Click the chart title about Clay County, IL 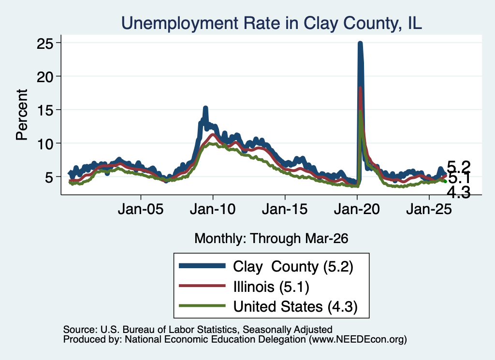point(272,23)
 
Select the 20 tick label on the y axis point(44,76)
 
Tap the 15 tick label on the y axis point(44,110)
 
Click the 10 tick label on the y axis point(44,144)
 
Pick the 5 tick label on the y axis point(49,177)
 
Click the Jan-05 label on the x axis point(141,209)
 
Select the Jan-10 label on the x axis point(213,209)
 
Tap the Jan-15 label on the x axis point(285,209)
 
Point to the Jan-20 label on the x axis point(357,209)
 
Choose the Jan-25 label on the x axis point(429,209)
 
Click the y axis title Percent point(22,115)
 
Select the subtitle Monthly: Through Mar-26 point(271,239)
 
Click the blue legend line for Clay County point(202,266)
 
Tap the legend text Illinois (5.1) point(271,287)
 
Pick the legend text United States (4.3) point(295,307)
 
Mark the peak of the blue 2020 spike point(360,43)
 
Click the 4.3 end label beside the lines point(459,192)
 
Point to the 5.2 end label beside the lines point(459,166)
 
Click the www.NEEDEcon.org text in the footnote point(358,340)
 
